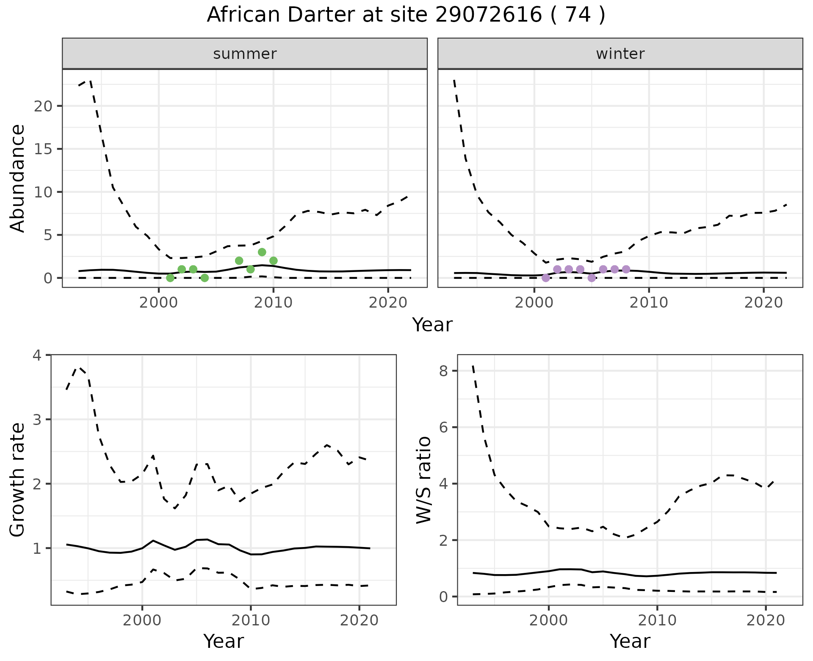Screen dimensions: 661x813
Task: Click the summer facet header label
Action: coord(245,54)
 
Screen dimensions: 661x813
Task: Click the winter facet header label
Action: coord(620,54)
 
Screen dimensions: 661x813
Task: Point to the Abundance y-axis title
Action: coord(18,178)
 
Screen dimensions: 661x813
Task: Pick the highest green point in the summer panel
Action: coord(262,252)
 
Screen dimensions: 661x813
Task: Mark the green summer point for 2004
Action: coord(205,278)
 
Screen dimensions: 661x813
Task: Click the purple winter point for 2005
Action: coord(592,278)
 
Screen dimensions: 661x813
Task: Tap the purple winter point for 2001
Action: coord(546,278)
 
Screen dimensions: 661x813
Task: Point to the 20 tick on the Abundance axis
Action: coord(43,106)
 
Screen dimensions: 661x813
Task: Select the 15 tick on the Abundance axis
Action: coord(43,149)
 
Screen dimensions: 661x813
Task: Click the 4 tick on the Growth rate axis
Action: coord(37,355)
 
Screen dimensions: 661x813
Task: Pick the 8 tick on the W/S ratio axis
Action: coord(443,371)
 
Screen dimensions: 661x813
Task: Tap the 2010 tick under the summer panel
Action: coord(273,303)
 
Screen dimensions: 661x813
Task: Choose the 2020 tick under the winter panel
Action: coord(763,303)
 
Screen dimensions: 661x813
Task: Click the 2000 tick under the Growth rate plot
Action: coord(142,621)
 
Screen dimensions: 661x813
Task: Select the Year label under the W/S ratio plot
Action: coord(630,642)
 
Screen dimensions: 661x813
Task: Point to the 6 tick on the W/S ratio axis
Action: coord(443,427)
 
